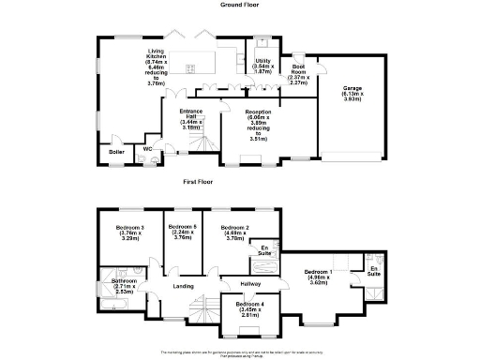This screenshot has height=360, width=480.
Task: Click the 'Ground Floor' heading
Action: pyautogui.click(x=239, y=5)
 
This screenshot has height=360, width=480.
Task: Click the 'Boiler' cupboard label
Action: pyautogui.click(x=116, y=151)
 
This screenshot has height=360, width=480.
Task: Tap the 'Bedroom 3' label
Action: pyautogui.click(x=129, y=228)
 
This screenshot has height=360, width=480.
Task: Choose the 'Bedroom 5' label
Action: pyautogui.click(x=182, y=228)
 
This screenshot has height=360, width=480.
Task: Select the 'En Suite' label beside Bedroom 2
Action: pyautogui.click(x=265, y=250)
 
